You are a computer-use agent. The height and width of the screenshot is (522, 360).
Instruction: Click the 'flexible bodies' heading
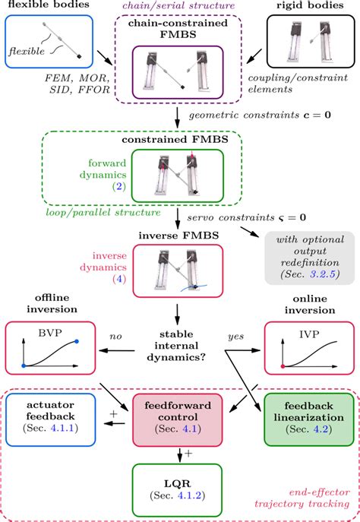43,5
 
